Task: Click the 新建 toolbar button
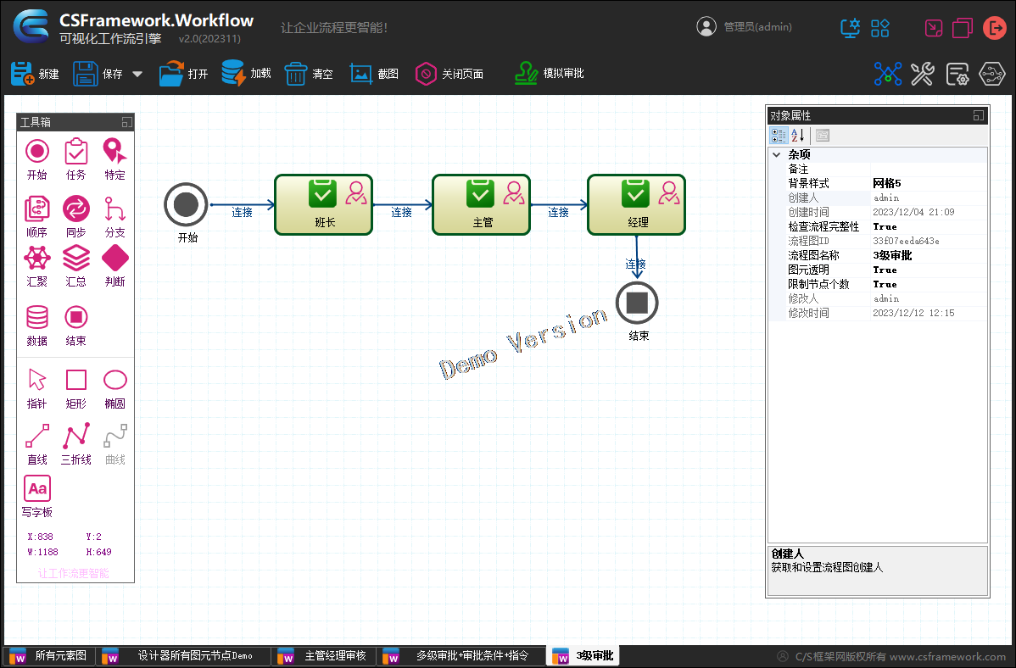click(35, 74)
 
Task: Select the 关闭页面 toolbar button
click(449, 74)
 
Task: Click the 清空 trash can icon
click(295, 74)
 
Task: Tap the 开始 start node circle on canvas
click(186, 204)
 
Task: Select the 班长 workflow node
click(324, 205)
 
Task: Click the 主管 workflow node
click(482, 205)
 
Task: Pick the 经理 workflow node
click(637, 205)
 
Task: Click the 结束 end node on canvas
click(637, 303)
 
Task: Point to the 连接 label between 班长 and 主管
click(401, 212)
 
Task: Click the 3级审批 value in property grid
click(892, 255)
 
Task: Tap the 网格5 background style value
click(887, 183)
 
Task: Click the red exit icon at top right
click(994, 28)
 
